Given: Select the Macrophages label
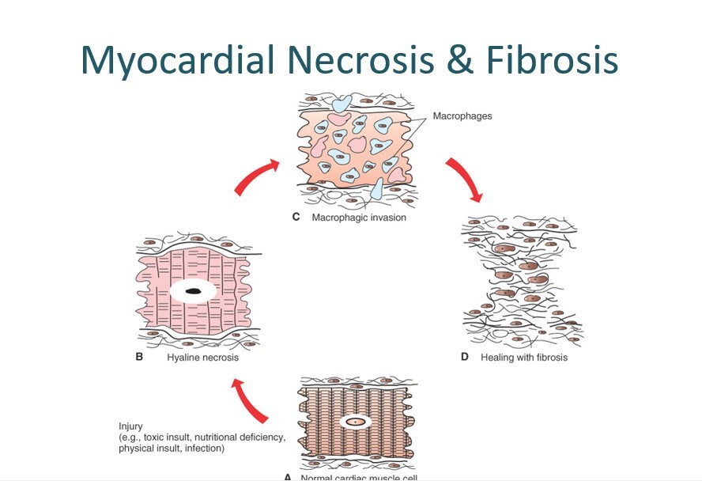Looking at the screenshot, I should point(462,116).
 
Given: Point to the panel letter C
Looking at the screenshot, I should point(296,217).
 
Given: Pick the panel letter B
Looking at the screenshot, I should point(140,357).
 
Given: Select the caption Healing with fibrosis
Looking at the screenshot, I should point(523,357).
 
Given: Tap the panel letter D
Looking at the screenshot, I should point(465,357).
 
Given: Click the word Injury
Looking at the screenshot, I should point(131,426).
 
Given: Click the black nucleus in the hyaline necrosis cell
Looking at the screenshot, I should point(192,292).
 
